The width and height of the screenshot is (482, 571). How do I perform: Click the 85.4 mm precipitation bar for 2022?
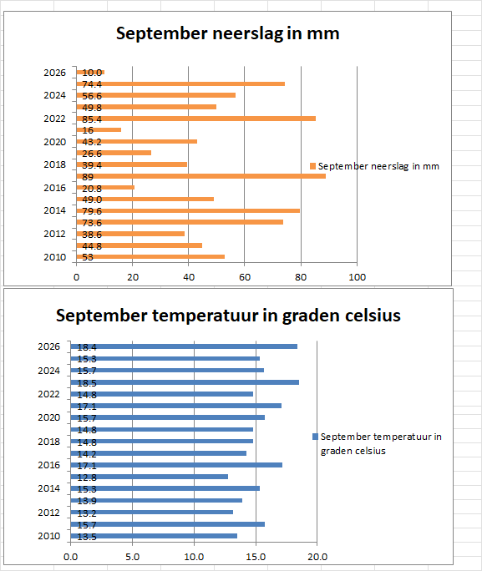coord(196,119)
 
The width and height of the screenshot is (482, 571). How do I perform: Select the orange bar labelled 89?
coord(201,176)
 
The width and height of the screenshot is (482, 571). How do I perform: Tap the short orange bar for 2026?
coord(90,73)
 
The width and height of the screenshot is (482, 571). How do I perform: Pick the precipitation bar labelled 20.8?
coord(105,188)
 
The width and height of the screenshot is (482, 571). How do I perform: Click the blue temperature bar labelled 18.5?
coord(185,382)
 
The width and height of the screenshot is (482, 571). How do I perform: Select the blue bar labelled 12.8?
coord(150,477)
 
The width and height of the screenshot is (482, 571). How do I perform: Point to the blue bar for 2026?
coord(184,346)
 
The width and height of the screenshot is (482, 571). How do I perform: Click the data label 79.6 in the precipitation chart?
coord(92,211)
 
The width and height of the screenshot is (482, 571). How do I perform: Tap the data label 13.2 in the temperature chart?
coord(87,513)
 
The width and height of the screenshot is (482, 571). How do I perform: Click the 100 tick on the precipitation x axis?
coord(357,277)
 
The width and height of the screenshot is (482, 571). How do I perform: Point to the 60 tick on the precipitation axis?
coord(245,277)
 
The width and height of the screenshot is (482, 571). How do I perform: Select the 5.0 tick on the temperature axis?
coord(132,557)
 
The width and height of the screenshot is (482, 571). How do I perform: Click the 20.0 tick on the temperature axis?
coord(317,557)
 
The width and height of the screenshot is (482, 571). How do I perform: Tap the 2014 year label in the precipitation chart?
coord(54,210)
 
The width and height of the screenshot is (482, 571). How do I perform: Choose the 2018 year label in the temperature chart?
coord(48,442)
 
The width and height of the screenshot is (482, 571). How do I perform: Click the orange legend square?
coord(312,166)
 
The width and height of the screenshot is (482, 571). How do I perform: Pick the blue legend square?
coord(316,437)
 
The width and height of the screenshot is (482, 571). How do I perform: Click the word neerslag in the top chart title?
coord(247,34)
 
